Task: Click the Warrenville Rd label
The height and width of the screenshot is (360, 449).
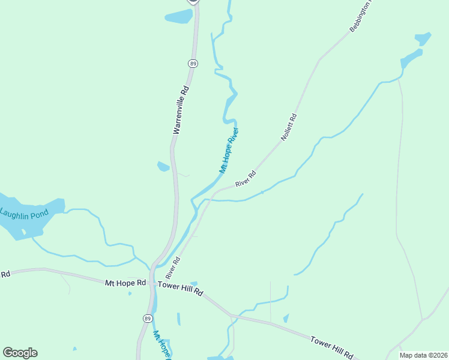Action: click(181, 109)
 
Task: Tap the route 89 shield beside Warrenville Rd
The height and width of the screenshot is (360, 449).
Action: click(193, 63)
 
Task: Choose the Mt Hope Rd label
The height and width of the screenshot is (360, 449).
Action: click(125, 282)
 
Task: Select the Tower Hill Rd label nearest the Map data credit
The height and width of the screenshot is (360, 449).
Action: click(331, 348)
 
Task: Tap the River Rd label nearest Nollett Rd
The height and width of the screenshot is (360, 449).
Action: click(246, 178)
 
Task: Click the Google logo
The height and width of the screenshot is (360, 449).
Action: click(20, 353)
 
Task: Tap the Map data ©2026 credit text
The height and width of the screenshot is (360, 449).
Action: click(423, 355)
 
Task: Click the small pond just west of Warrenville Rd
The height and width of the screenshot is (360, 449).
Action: click(163, 166)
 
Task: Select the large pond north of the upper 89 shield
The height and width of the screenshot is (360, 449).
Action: click(179, 17)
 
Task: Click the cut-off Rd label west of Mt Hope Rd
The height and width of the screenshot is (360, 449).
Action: click(5, 274)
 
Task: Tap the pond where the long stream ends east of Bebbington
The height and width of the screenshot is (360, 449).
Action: click(412, 59)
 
